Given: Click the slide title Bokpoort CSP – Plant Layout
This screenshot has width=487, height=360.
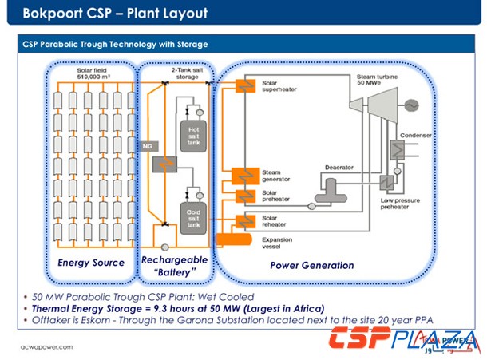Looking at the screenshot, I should pos(115,14).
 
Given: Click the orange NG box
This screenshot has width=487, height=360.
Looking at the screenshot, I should pos(147,146).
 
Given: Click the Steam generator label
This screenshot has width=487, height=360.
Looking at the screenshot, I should pos(278,176).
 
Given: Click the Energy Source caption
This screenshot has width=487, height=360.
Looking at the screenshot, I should pos(91,263).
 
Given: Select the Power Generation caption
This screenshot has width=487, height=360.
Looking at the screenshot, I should pos(311,265).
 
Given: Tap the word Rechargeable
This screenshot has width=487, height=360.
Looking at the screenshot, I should pos(174,260).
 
